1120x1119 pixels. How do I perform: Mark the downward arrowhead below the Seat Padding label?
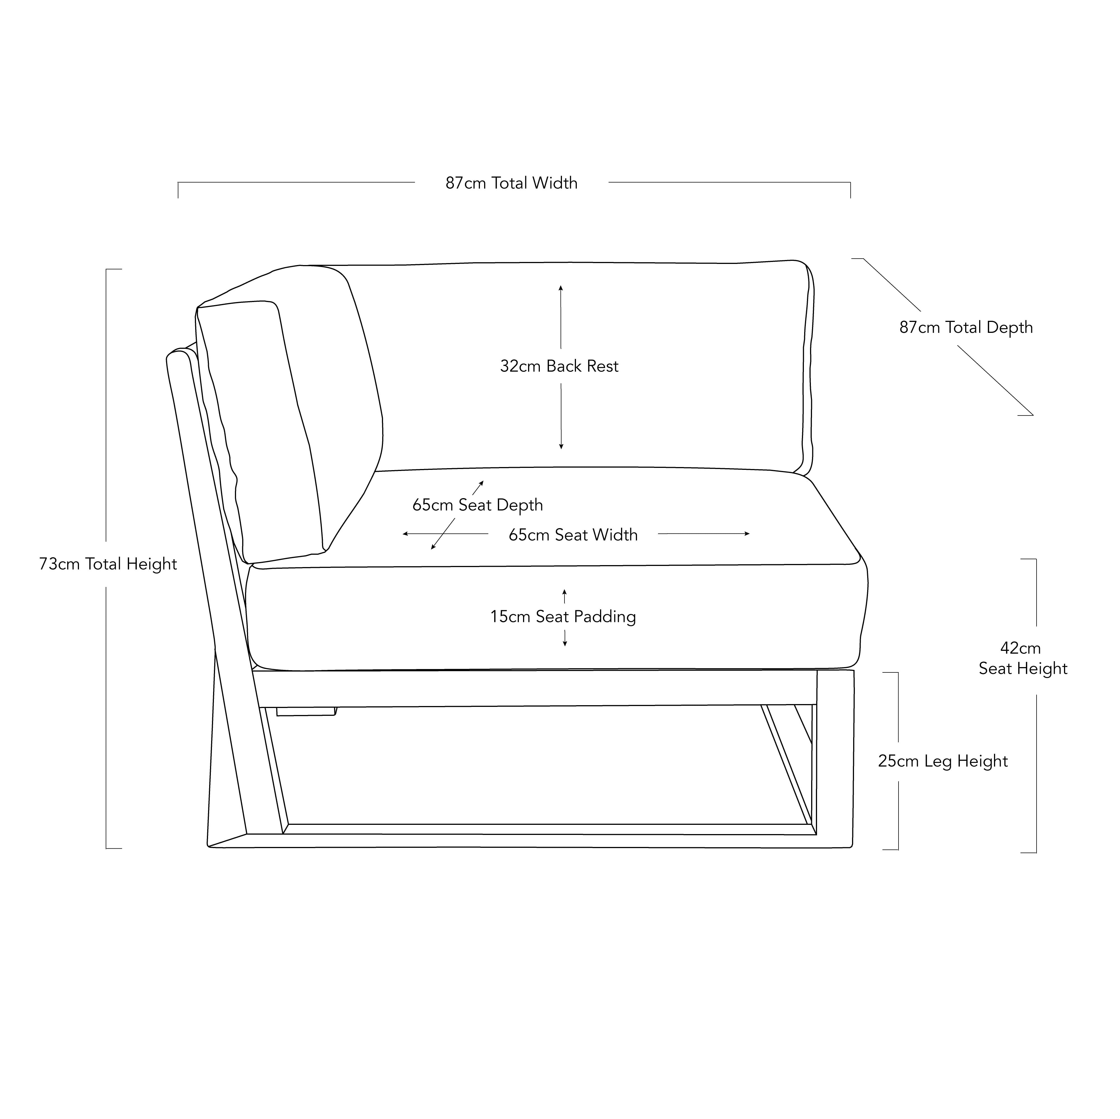click(x=565, y=643)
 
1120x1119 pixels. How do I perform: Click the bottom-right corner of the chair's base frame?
click(x=852, y=848)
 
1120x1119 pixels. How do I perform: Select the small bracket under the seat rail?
click(x=306, y=711)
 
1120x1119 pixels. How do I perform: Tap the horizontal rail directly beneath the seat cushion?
click(x=535, y=689)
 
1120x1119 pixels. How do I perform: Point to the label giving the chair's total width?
click(x=511, y=183)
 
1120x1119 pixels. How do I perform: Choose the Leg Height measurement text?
click(x=942, y=761)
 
